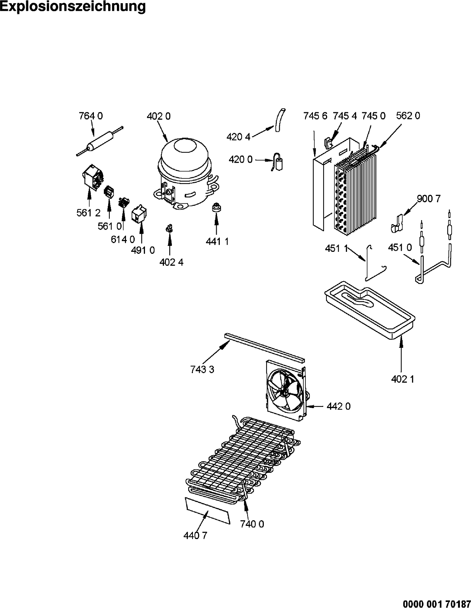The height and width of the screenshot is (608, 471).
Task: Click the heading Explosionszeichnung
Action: (72, 7)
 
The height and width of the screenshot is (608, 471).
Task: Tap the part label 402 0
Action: (158, 116)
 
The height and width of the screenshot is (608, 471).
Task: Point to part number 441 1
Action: (217, 242)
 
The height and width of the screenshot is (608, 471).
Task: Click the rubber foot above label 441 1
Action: (216, 207)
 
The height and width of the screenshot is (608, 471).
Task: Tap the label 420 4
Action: (238, 137)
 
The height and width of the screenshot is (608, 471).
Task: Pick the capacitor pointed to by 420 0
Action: (278, 163)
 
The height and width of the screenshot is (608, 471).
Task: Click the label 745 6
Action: (315, 116)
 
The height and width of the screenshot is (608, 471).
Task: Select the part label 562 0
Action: (408, 116)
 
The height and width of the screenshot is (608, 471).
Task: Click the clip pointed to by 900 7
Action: (397, 223)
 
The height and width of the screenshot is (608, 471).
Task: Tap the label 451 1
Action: (336, 248)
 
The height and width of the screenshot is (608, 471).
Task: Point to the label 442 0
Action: (339, 406)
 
